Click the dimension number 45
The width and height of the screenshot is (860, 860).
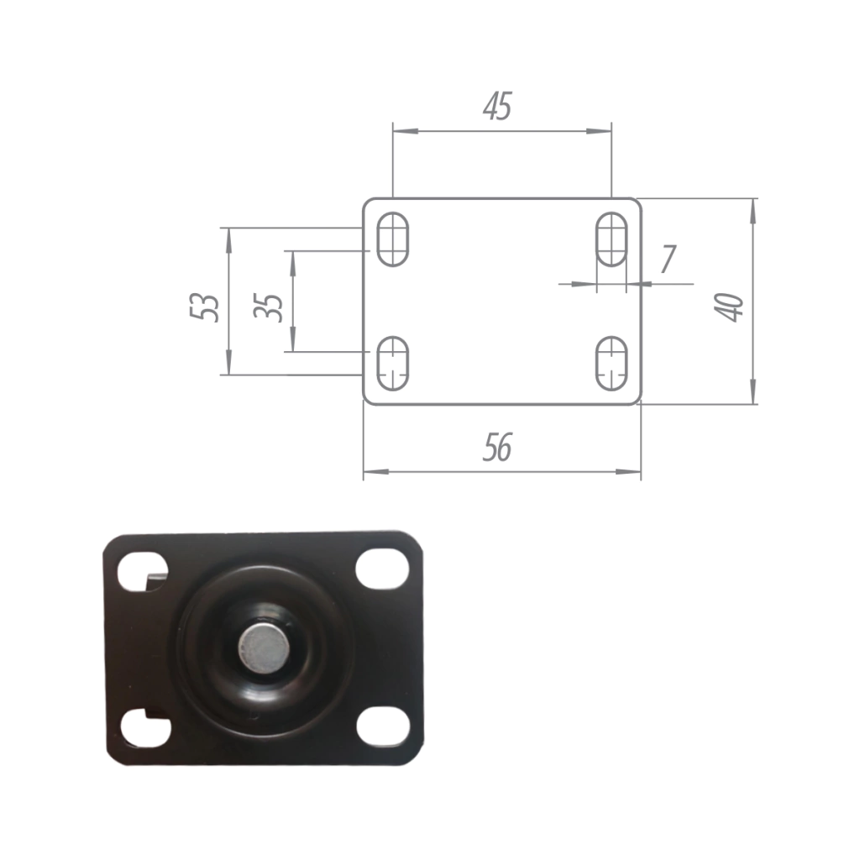pyautogui.click(x=497, y=106)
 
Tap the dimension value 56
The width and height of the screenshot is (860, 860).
pyautogui.click(x=497, y=447)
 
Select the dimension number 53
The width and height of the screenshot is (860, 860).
pyautogui.click(x=205, y=307)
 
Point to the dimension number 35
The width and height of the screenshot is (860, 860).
pyautogui.click(x=269, y=307)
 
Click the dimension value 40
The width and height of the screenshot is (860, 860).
pyautogui.click(x=729, y=307)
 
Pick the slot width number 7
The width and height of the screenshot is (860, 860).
pyautogui.click(x=668, y=259)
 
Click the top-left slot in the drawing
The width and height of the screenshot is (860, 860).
pyautogui.click(x=393, y=239)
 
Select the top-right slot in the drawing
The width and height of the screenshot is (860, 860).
pyautogui.click(x=611, y=239)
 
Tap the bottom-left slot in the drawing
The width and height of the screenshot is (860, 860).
pyautogui.click(x=393, y=364)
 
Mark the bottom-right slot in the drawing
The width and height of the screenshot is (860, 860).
pyautogui.click(x=611, y=364)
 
